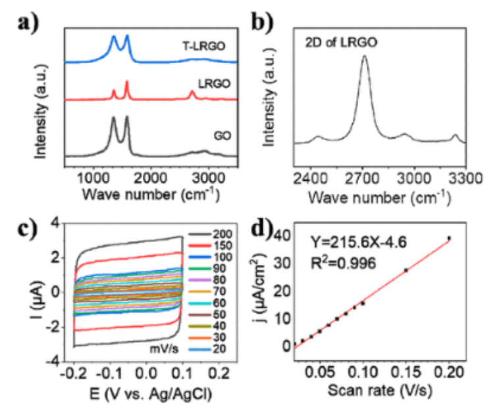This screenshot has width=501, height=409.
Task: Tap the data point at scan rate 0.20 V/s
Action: (x=449, y=238)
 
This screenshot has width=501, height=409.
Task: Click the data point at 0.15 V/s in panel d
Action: (x=406, y=270)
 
